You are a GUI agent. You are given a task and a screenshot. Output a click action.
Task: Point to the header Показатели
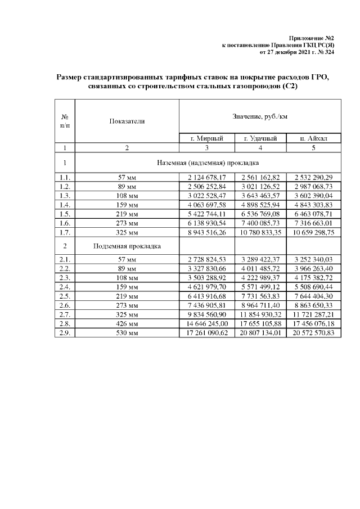point(127,121)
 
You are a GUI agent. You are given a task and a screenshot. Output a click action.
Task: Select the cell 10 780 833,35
point(260,231)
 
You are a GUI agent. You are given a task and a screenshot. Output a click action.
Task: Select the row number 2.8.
point(65,324)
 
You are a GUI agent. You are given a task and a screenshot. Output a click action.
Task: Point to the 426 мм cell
point(127,324)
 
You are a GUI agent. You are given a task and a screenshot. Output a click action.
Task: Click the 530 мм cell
point(127,333)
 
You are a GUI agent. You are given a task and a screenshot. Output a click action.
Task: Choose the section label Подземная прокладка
point(127,246)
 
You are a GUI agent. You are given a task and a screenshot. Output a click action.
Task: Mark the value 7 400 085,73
point(260,222)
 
